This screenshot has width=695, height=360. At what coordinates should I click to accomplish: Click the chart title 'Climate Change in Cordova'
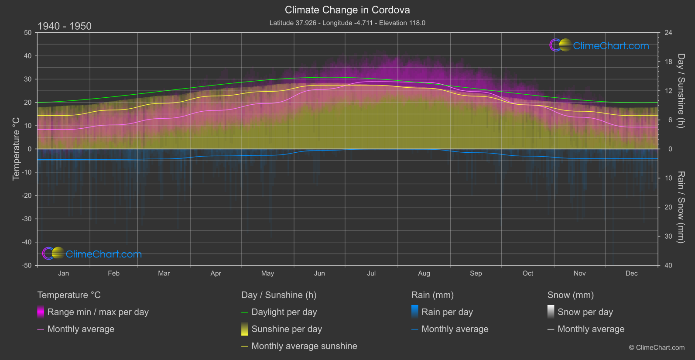[x=347, y=10]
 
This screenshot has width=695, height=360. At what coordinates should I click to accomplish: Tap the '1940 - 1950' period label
[x=65, y=26]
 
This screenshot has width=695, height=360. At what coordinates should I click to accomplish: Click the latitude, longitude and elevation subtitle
[x=347, y=23]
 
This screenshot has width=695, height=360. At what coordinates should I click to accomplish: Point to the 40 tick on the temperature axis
[x=28, y=56]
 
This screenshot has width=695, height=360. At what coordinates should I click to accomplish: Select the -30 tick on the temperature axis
[x=27, y=219]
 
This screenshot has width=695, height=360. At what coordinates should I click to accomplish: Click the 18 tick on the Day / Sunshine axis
[x=668, y=62]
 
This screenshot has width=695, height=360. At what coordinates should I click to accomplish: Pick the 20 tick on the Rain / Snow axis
[x=668, y=207]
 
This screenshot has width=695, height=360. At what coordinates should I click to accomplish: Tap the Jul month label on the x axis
[x=371, y=273]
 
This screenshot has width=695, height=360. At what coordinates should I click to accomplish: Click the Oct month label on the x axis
[x=528, y=273]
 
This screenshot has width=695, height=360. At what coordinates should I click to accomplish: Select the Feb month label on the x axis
[x=113, y=273]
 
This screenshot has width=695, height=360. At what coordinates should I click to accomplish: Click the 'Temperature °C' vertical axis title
[x=16, y=149]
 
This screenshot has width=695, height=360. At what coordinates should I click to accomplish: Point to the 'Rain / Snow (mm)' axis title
[x=681, y=207]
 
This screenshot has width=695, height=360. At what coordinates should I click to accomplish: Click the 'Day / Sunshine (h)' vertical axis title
[x=681, y=91]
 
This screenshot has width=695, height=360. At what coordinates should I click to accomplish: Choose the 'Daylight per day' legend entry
[x=284, y=312]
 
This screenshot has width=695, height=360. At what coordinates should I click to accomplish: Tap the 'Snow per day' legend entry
[x=585, y=312]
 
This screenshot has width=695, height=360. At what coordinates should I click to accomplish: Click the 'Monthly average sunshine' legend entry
[x=304, y=346]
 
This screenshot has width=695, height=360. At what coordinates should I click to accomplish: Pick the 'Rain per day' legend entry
[x=447, y=312]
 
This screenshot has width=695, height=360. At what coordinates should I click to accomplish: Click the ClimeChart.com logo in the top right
[x=599, y=45]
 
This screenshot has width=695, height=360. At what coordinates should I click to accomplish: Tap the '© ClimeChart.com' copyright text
[x=657, y=347]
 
